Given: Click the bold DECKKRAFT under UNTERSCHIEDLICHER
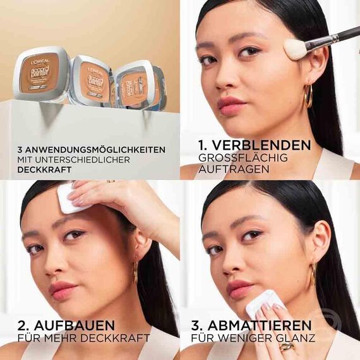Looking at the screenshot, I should point(42,171).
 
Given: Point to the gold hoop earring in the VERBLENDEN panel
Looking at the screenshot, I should point(308,96).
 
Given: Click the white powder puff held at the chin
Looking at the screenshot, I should point(260,303).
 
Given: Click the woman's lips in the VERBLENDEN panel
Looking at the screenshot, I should point(231,104).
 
